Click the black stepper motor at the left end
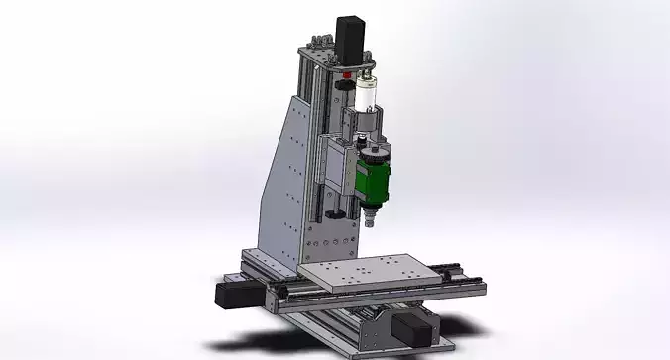pyautogui.click(x=229, y=293)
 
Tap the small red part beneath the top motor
pyautogui.click(x=347, y=74)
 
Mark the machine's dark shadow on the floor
pyautogui.click(x=297, y=332)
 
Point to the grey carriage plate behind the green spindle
pyautogui.click(x=338, y=169)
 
